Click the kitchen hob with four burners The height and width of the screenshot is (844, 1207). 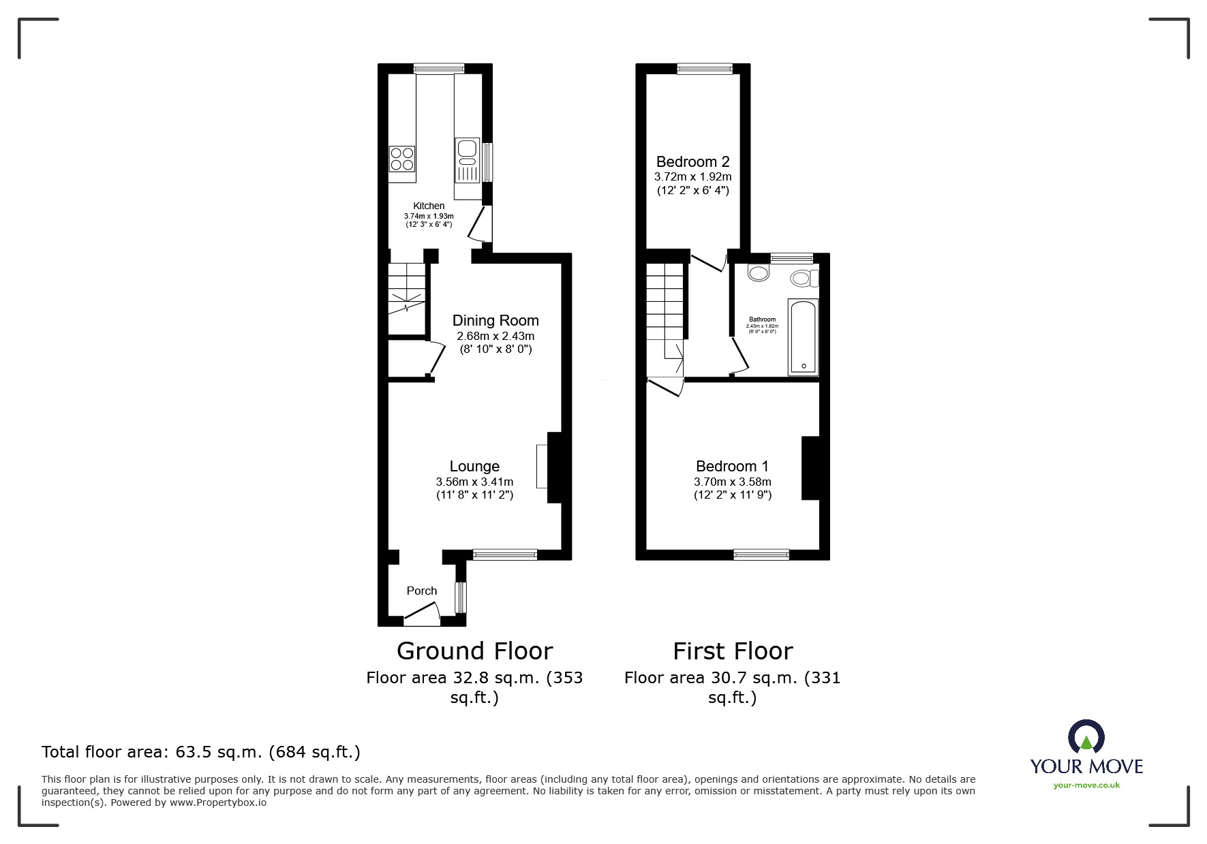402,159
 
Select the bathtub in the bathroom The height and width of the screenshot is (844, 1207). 804,337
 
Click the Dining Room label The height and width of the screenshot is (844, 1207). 495,321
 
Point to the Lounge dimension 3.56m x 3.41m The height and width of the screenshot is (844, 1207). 474,482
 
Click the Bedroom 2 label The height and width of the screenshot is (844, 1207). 692,162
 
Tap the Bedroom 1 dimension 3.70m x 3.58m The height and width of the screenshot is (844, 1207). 733,482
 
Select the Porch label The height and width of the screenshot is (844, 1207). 421,591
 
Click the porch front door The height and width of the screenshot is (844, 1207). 421,616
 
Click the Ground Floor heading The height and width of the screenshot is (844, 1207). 474,651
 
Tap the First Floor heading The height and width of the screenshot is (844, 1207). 733,651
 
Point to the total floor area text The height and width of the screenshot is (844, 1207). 201,752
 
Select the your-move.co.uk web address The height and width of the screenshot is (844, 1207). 1086,785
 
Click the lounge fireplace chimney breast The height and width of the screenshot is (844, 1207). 554,467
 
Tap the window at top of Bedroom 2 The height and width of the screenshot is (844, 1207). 705,69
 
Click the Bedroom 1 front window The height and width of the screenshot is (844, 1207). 761,554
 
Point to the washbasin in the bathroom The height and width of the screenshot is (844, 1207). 757,273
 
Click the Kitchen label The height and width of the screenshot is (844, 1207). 429,206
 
